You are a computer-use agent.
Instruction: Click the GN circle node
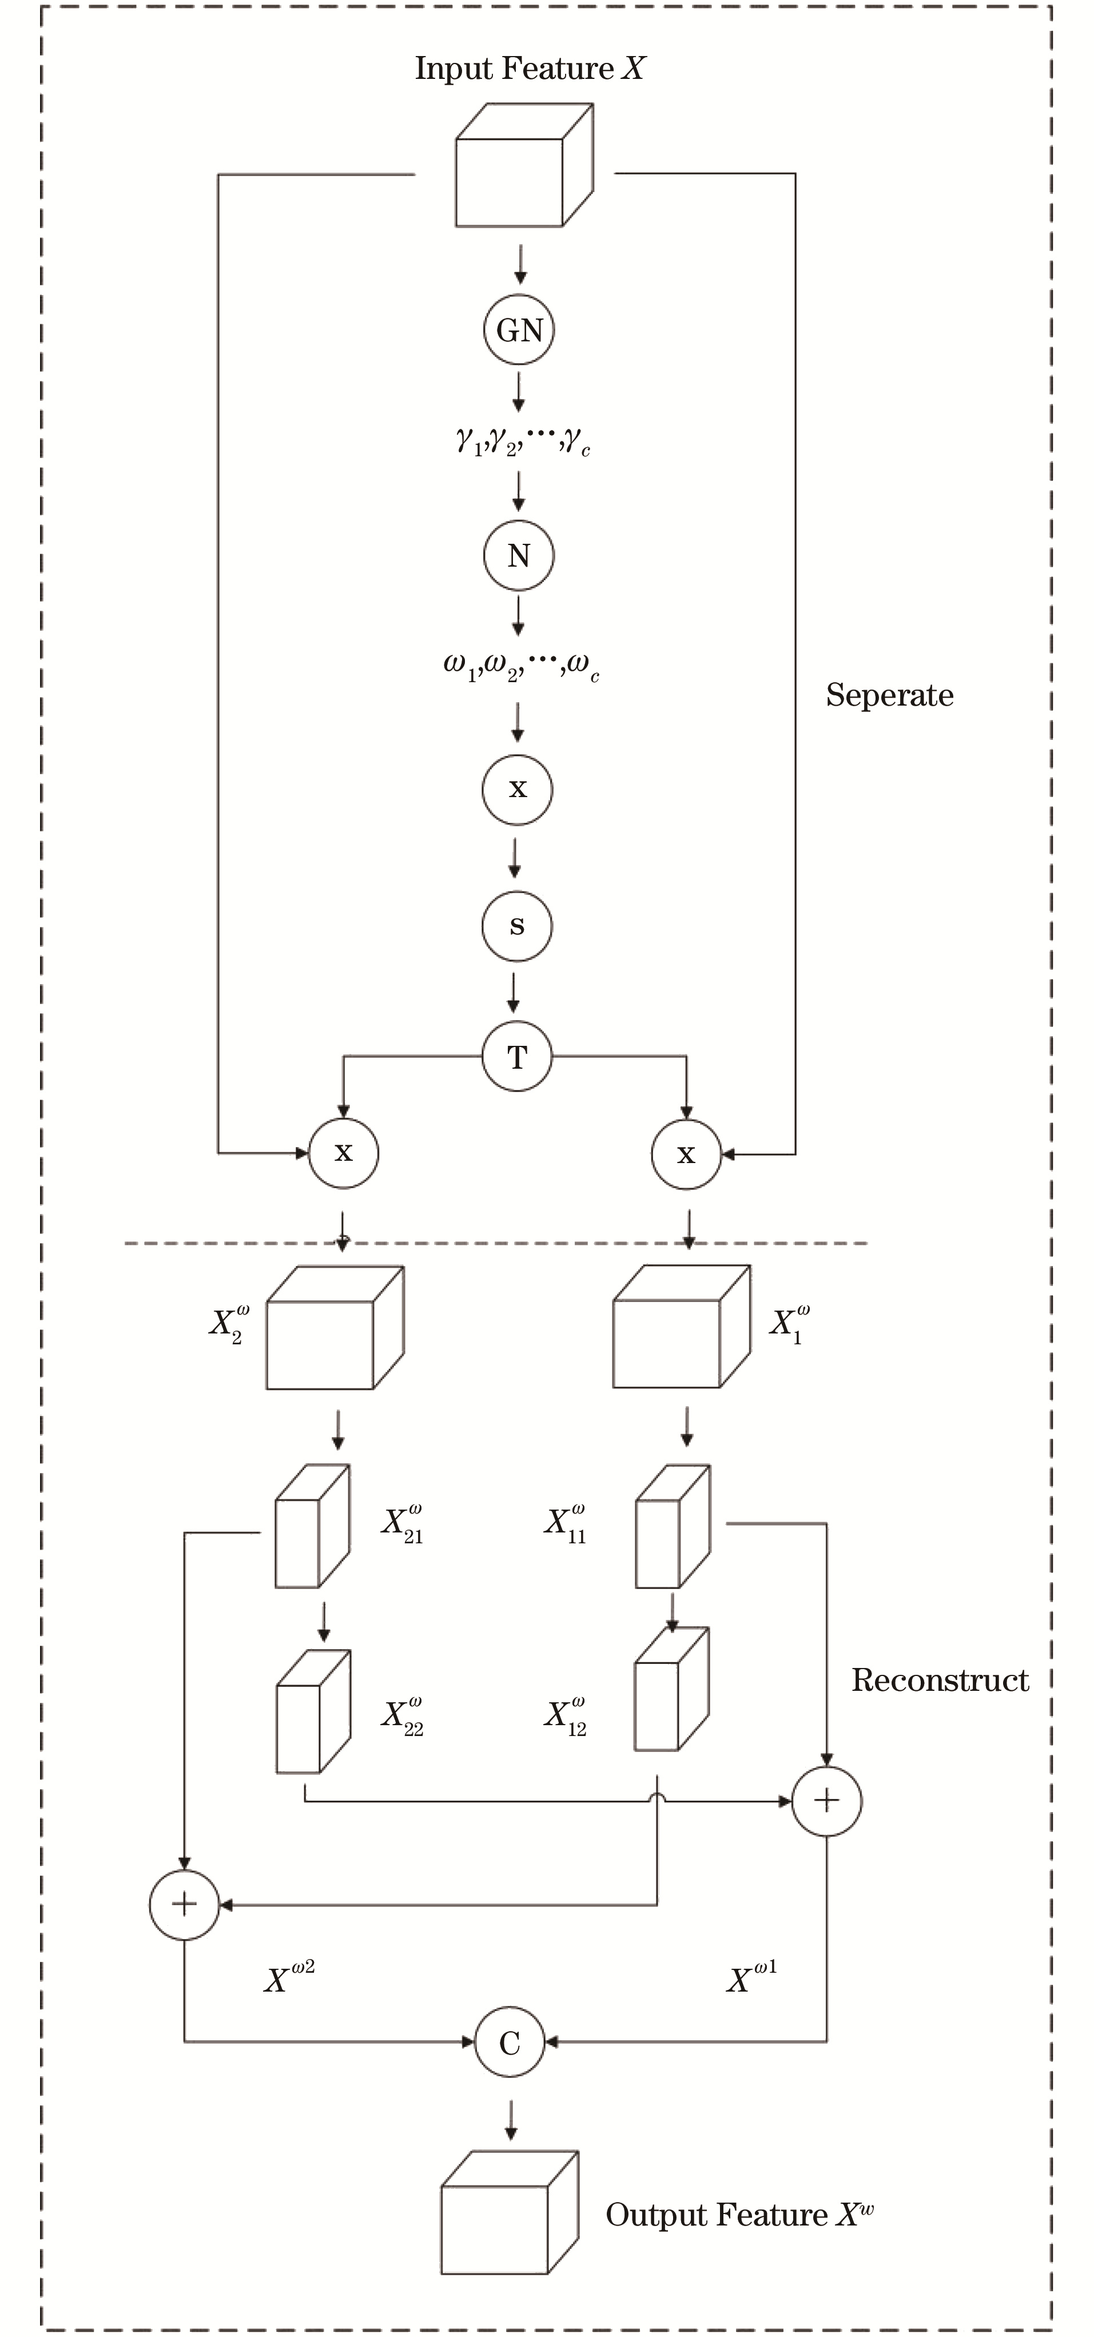(x=519, y=331)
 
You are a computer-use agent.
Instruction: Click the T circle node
(x=517, y=1057)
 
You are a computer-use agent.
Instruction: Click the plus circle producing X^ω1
(x=826, y=1801)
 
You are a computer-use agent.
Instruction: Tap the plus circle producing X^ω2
(x=184, y=1904)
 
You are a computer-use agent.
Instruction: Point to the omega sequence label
(x=520, y=668)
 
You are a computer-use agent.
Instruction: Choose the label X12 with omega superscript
(x=565, y=1715)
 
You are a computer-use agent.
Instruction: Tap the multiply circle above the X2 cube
(x=343, y=1153)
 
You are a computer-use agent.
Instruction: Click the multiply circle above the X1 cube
(x=686, y=1154)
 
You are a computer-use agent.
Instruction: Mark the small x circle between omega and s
(x=517, y=789)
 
